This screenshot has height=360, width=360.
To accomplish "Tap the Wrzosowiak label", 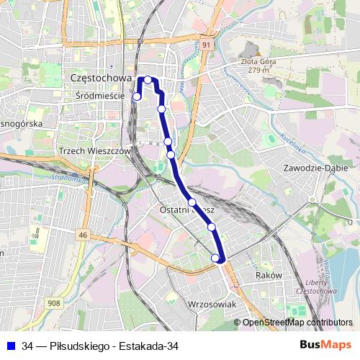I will (x=212, y=305).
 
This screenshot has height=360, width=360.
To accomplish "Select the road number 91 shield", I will (x=207, y=45).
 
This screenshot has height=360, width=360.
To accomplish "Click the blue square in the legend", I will (x=11, y=346).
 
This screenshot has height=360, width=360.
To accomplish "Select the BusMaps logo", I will (x=325, y=346).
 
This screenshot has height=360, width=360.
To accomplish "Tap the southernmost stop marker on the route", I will (x=215, y=258).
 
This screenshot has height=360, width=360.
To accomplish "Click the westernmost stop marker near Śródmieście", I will (x=137, y=96).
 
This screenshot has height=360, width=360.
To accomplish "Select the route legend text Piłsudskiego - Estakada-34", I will (x=100, y=346).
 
